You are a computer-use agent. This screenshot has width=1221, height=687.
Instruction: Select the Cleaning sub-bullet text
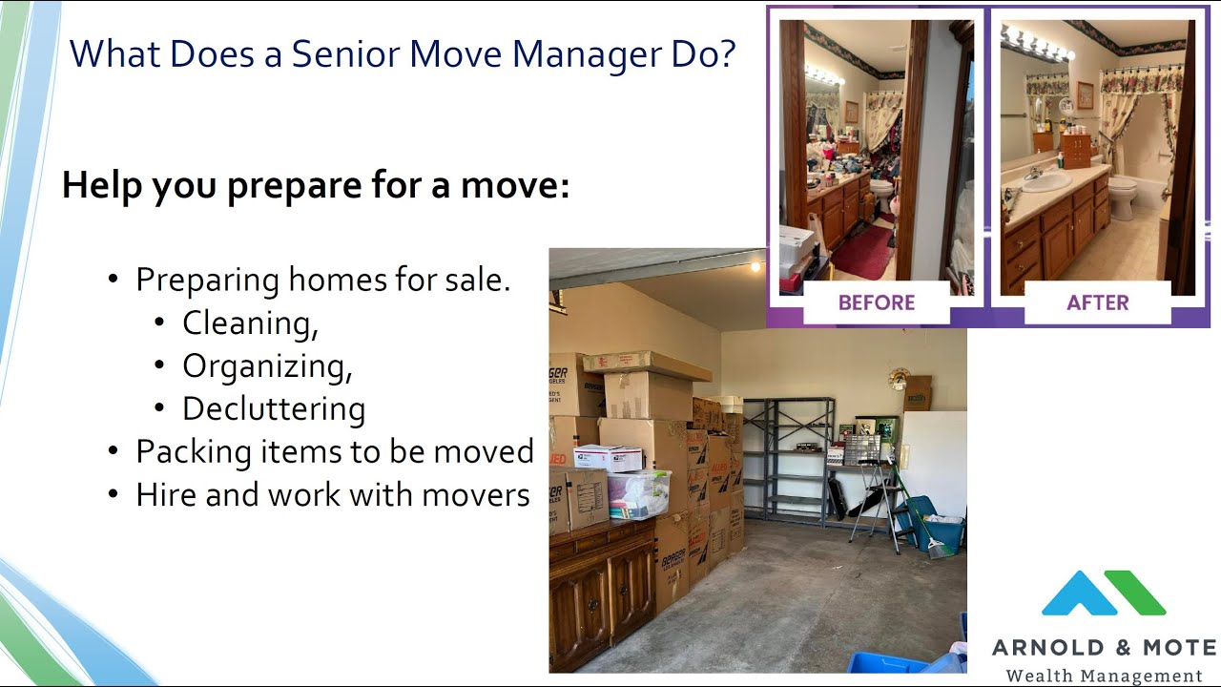[250, 323]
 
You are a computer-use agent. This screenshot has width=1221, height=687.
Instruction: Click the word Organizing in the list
[267, 366]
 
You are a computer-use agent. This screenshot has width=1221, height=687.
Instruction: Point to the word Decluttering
[274, 408]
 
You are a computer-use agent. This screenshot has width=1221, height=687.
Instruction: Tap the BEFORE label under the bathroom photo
[876, 302]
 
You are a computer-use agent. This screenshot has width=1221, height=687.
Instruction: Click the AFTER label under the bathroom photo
[1097, 302]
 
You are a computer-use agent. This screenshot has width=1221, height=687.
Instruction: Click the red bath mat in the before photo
[863, 252]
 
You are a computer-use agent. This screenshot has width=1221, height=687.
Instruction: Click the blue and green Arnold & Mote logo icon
[1103, 593]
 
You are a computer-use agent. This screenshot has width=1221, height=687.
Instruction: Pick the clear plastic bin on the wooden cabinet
[637, 493]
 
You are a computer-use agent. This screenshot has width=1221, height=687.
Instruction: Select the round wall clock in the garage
[899, 379]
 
